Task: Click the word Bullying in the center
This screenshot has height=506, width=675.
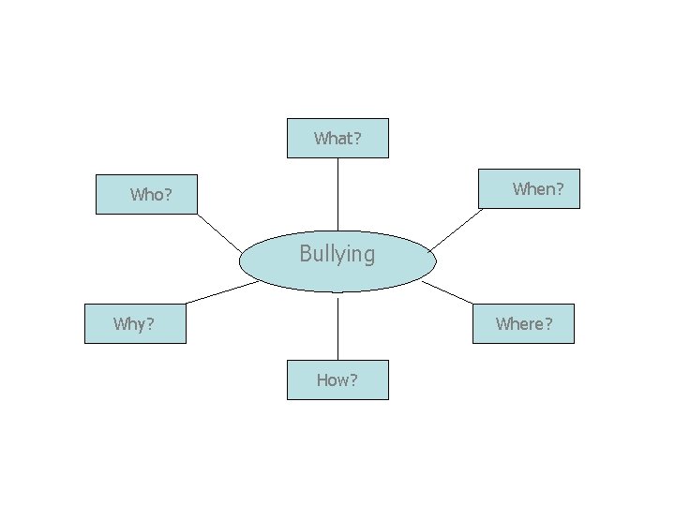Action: [x=337, y=254]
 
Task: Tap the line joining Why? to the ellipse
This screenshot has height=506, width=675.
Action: [x=222, y=292]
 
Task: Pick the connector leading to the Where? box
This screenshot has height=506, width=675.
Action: [x=448, y=292]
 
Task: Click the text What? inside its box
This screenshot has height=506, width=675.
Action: [x=337, y=139]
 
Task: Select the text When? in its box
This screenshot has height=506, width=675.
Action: [x=538, y=189]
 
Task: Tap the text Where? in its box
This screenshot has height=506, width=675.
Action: [x=524, y=324]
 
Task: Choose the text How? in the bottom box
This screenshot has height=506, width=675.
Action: [x=337, y=380]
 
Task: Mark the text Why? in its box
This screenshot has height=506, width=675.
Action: [x=134, y=324]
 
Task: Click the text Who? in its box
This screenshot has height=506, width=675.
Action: [x=151, y=195]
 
